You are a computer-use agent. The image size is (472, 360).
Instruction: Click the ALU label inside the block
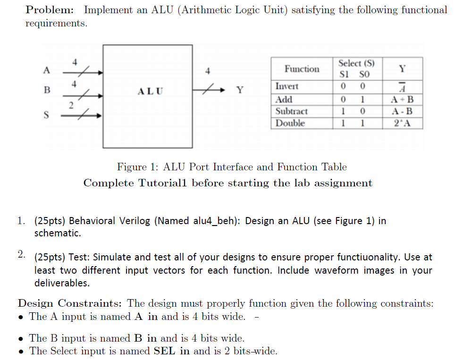(150, 91)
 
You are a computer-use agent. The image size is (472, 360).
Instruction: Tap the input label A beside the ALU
(46, 70)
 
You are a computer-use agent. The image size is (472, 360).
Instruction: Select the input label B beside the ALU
(47, 90)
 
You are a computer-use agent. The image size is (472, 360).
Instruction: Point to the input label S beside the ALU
(46, 115)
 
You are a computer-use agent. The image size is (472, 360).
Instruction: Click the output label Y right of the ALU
(240, 90)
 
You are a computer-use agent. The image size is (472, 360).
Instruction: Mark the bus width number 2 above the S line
(71, 105)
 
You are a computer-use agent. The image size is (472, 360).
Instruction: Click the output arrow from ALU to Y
(209, 90)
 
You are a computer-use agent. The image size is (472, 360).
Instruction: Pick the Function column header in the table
(302, 69)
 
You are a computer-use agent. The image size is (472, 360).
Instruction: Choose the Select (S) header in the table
(356, 63)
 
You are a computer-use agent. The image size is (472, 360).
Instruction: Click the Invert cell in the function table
(287, 86)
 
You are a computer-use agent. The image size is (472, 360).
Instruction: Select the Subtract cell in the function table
(291, 111)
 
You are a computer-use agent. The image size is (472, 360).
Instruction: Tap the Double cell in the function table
(290, 123)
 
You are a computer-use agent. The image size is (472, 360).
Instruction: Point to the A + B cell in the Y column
(402, 100)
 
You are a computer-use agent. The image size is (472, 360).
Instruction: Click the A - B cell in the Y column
(402, 111)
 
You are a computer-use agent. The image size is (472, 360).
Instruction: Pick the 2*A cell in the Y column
(402, 123)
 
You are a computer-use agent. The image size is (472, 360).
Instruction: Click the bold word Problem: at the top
(50, 10)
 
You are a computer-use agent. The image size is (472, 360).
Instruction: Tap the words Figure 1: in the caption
(137, 167)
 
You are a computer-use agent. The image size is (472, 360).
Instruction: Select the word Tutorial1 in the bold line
(162, 183)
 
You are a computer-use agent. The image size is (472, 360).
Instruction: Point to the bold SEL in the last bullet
(164, 351)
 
